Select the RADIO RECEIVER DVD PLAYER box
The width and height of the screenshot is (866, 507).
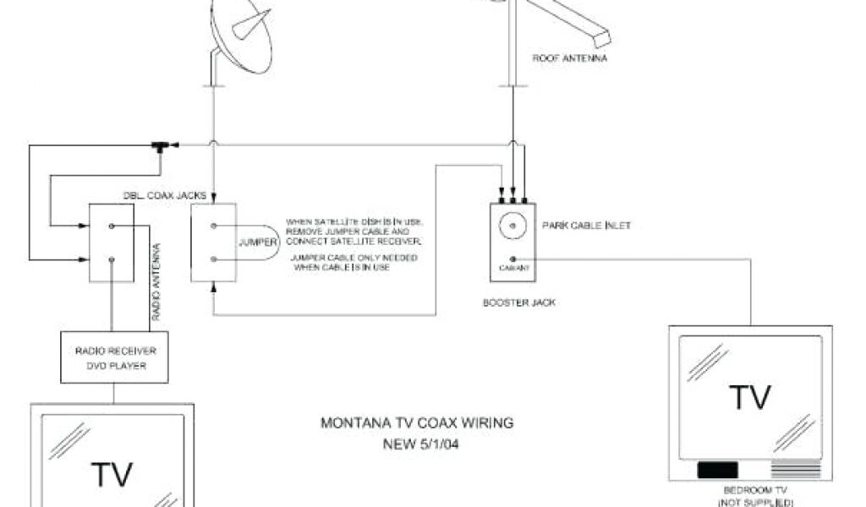pos(109,357)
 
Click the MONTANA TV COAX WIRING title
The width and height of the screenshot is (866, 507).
pos(417,422)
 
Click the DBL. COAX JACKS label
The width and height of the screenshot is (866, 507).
pos(165,195)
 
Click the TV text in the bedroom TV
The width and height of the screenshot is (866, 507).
pos(750,396)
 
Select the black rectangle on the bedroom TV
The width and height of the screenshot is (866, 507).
pos(717,470)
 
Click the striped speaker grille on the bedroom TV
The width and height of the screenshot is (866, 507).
pos(796,470)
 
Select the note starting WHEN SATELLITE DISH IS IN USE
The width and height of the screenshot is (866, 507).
pos(354,232)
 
